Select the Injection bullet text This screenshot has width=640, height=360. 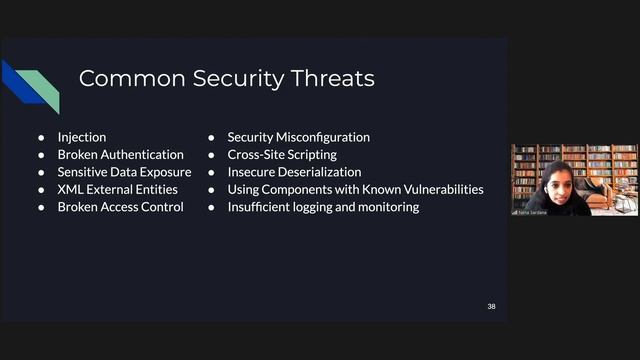click(x=82, y=137)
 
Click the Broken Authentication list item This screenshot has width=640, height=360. click(x=120, y=155)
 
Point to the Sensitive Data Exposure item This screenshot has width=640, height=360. click(x=124, y=172)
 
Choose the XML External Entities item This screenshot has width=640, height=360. click(x=117, y=189)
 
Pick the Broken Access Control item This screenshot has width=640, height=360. click(x=120, y=207)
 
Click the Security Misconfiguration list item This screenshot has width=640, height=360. click(x=298, y=137)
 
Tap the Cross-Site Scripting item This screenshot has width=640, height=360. click(x=282, y=155)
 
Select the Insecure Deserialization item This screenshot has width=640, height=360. click(x=294, y=172)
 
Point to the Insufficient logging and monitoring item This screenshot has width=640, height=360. click(x=323, y=207)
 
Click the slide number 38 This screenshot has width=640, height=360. click(x=491, y=306)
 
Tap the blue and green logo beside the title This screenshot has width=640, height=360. click(x=30, y=84)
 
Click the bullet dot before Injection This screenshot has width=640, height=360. click(x=42, y=137)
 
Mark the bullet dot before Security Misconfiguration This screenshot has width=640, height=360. click(x=212, y=137)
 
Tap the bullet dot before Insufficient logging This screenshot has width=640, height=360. click(x=212, y=207)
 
